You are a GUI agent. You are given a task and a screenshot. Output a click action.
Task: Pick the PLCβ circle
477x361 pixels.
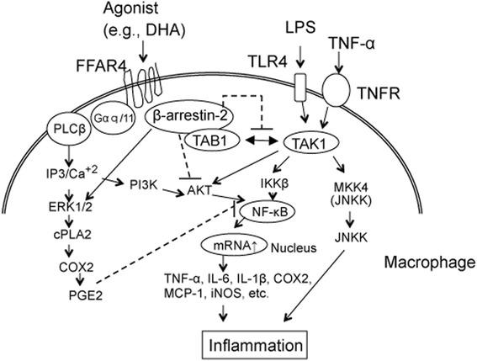63,131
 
